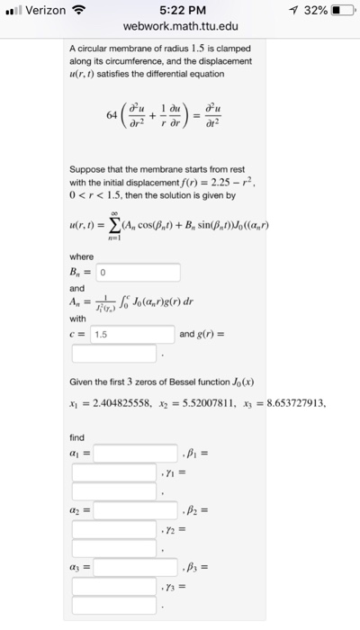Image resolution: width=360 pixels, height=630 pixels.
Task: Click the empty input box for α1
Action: point(136,452)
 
